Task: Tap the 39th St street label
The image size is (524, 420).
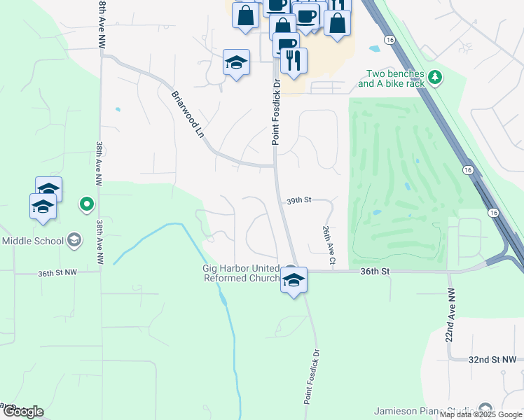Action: tap(298, 200)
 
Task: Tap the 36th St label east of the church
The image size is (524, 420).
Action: tap(374, 270)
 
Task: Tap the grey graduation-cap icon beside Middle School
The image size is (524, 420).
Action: tap(73, 241)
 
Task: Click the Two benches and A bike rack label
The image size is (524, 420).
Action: tap(391, 78)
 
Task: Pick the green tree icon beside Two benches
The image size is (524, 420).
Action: tap(436, 76)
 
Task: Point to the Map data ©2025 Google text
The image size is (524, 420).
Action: tap(481, 415)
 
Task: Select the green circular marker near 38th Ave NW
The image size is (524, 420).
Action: tap(87, 204)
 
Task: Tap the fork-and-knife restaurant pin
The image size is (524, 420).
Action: tap(293, 60)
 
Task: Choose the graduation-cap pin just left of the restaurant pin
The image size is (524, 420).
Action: tap(237, 62)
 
